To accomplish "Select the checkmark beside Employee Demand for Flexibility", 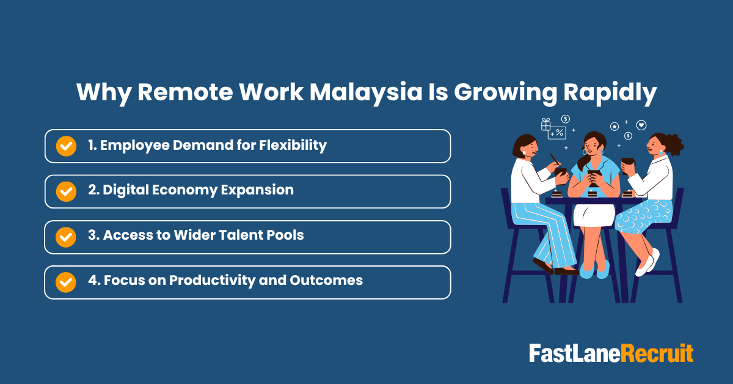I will [66, 146].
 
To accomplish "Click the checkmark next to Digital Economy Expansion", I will [66, 191].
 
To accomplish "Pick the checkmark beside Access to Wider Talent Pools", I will [66, 237].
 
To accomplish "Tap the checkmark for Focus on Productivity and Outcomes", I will [66, 282].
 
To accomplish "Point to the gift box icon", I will [546, 125].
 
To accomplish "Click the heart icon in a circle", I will [641, 125].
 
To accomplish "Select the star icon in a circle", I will [614, 127].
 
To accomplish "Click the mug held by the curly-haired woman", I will [627, 163].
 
